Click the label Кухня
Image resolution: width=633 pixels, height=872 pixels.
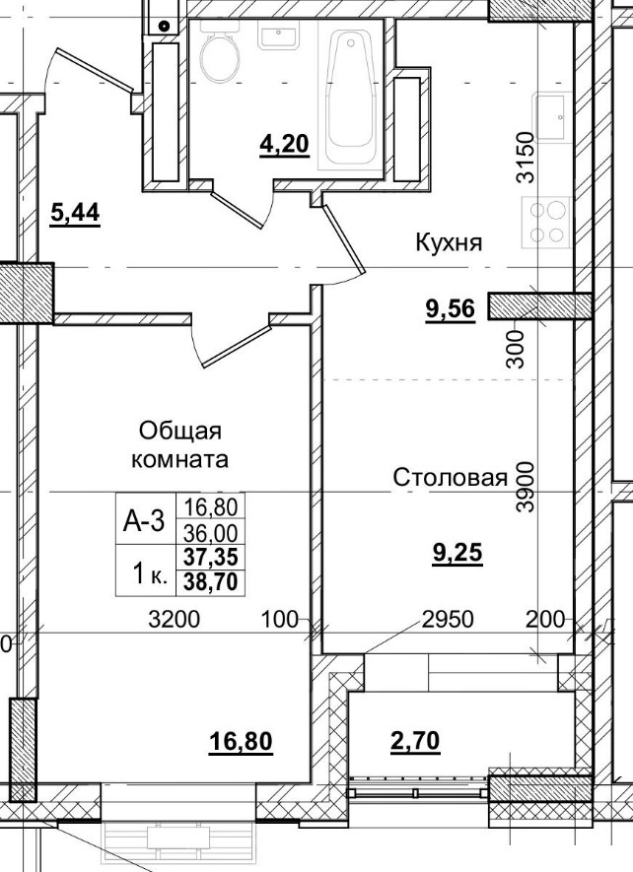[x=449, y=242]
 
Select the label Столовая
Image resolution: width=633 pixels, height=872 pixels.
[x=450, y=478]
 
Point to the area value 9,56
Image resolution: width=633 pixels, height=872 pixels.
[x=450, y=310]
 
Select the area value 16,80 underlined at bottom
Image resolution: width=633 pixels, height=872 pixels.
[x=241, y=740]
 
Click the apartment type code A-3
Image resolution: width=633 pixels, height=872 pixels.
[x=143, y=523]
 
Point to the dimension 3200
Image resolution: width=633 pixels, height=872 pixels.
[x=174, y=620]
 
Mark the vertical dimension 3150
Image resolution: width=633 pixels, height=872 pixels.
[x=526, y=158]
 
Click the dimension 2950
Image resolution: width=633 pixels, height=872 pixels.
[x=449, y=620]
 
